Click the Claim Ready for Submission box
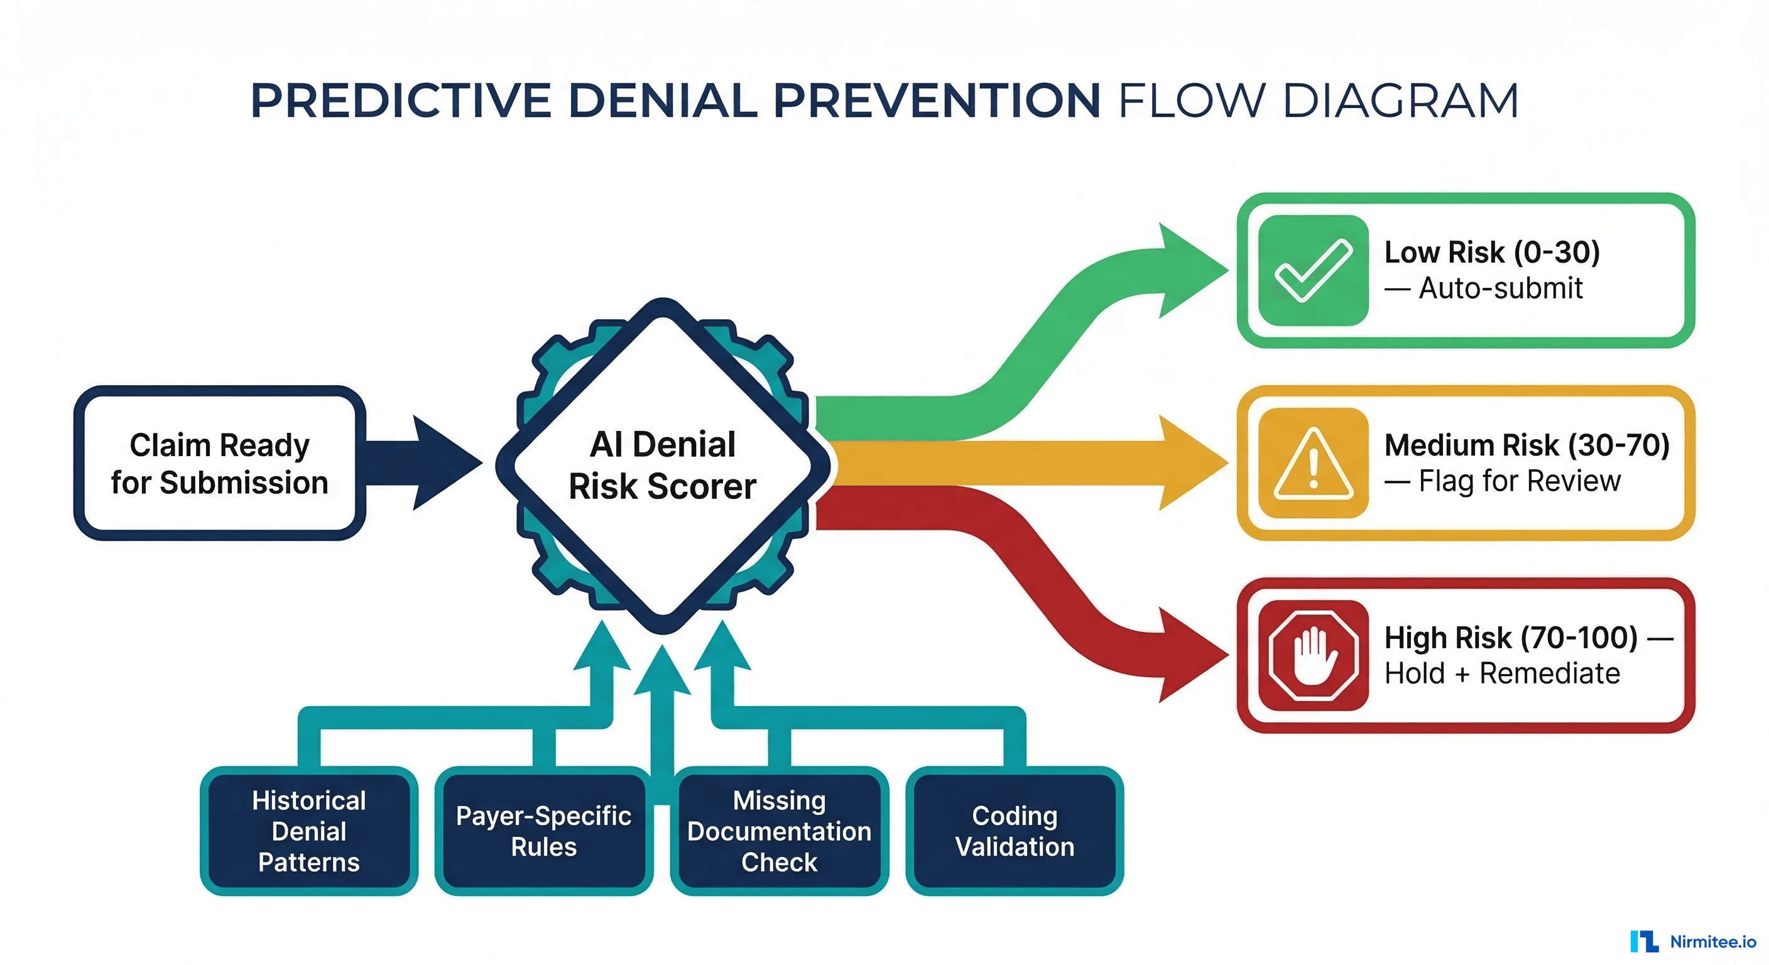tap(219, 463)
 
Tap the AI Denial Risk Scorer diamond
tap(663, 465)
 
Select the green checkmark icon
tap(1312, 271)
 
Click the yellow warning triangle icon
tap(1312, 463)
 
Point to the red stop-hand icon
tap(1312, 655)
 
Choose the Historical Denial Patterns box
tap(308, 831)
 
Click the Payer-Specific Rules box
tap(543, 831)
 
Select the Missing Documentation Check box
tap(779, 831)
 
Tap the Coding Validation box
tap(1015, 831)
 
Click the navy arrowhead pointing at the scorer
tap(443, 463)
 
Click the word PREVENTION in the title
tap(937, 101)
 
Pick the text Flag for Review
tap(1519, 481)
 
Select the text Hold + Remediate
tap(1501, 673)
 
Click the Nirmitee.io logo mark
tap(1644, 942)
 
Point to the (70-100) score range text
tap(1579, 638)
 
